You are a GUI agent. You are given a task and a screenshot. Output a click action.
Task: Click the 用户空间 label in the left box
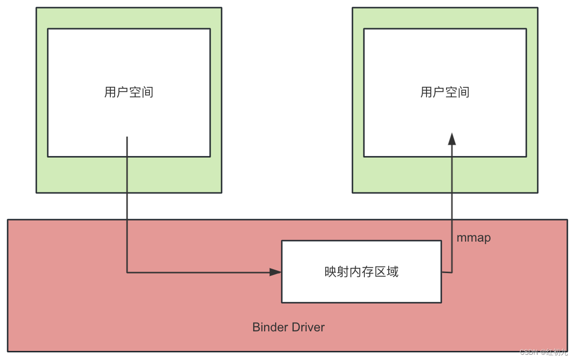coord(129,92)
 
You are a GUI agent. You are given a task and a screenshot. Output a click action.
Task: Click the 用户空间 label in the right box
coord(445,92)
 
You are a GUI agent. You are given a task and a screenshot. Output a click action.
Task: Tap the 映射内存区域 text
coord(361,272)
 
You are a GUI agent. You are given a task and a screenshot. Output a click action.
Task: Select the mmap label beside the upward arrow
coord(473,238)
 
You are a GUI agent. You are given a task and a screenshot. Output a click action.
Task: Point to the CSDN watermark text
coord(529,352)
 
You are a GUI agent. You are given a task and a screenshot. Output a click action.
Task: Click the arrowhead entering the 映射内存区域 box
coord(276,272)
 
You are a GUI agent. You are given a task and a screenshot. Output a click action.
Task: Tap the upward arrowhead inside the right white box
coord(452,138)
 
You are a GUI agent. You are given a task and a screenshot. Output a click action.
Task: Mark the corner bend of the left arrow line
coord(127,272)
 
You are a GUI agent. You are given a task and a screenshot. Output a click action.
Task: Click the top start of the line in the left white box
coord(127,138)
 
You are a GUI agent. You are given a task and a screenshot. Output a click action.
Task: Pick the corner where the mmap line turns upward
coord(452,272)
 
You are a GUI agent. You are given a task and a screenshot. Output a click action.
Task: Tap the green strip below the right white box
coord(406,175)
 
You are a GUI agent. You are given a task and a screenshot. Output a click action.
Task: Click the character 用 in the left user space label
coord(110,92)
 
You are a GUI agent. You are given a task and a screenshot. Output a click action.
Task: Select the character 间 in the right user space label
coord(463,92)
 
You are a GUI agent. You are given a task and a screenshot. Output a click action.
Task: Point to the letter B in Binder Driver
coord(256,328)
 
